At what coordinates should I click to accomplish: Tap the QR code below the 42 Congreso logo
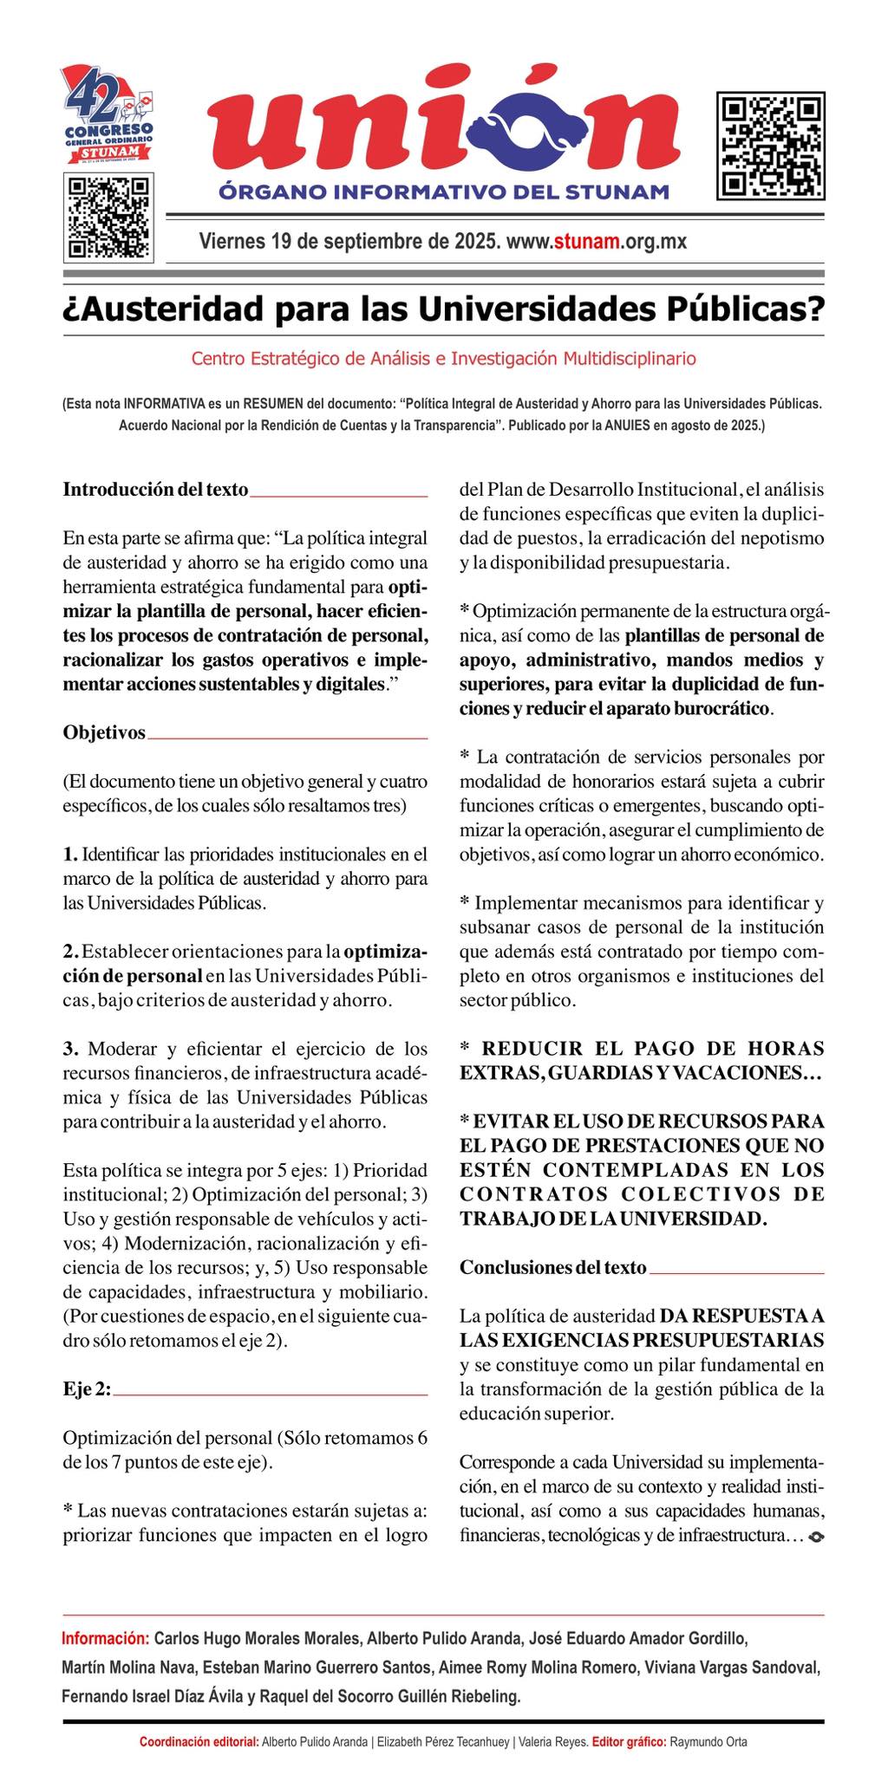[108, 218]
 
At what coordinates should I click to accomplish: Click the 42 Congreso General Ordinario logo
[109, 116]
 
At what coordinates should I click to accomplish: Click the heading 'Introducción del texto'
[155, 489]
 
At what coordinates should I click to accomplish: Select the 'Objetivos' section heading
[104, 732]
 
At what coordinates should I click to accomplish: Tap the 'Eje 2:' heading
[87, 1388]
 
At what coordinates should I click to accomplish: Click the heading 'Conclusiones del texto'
[552, 1267]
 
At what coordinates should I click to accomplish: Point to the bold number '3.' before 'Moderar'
[71, 1049]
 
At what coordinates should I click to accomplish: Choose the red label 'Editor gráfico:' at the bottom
[629, 1742]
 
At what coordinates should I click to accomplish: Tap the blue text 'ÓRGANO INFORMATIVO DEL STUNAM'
[443, 191]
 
